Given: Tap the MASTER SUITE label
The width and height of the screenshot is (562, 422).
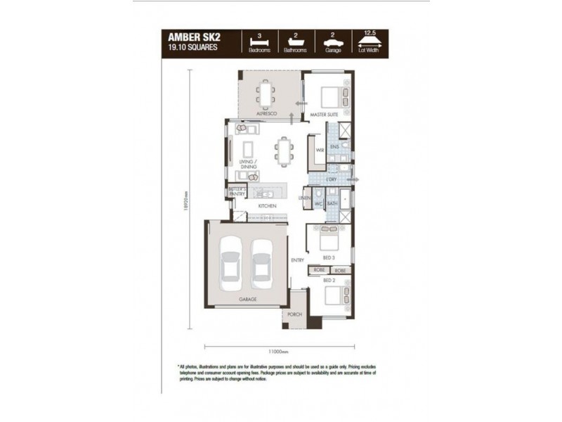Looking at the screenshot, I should [325, 113].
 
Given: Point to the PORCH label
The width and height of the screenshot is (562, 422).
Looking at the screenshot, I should [295, 314].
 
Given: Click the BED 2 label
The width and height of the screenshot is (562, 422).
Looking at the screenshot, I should [329, 279].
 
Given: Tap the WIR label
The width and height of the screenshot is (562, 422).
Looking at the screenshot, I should [320, 150].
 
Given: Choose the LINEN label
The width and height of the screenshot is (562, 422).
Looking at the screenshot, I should [304, 198].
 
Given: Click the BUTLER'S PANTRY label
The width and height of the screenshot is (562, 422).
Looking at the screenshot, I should [236, 191].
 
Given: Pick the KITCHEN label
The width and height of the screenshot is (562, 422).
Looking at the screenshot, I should [266, 206].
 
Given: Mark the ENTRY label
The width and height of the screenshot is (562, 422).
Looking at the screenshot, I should [298, 260].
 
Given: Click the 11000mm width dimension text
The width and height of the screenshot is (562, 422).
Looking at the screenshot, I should [279, 351].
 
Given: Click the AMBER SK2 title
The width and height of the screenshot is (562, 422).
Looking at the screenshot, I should [190, 37].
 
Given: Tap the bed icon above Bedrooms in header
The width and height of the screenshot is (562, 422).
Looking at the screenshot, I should [259, 41].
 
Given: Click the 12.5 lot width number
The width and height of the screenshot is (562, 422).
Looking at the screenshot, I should [370, 32].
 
